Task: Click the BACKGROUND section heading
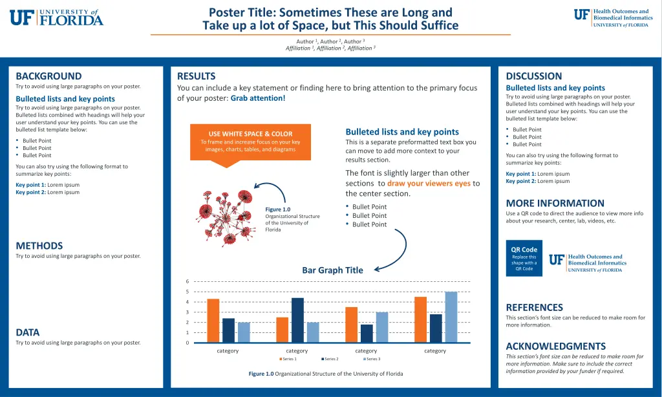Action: pyautogui.click(x=48, y=76)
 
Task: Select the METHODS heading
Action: pyautogui.click(x=39, y=246)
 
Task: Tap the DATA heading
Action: pyautogui.click(x=28, y=332)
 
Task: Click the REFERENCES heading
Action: pyautogui.click(x=534, y=308)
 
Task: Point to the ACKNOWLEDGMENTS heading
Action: pyautogui.click(x=555, y=346)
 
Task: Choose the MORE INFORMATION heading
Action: pyautogui.click(x=555, y=203)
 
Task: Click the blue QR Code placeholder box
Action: pyautogui.click(x=524, y=259)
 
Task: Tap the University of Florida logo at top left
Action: pyautogui.click(x=56, y=17)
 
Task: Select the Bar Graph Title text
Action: pyautogui.click(x=332, y=270)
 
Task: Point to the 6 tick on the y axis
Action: pyautogui.click(x=187, y=281)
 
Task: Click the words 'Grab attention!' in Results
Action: pyautogui.click(x=257, y=98)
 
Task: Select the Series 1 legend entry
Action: pyautogui.click(x=288, y=359)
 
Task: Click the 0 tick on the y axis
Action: pyautogui.click(x=187, y=343)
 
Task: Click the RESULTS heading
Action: pyautogui.click(x=196, y=76)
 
